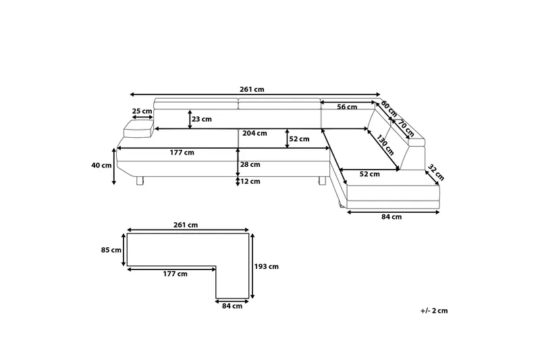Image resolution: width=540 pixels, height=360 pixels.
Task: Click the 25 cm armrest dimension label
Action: point(142,111)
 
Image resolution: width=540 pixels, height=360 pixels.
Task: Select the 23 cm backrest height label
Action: point(202,120)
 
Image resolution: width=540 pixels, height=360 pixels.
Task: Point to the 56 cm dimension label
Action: point(347,107)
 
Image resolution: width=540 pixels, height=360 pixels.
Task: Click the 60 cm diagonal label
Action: point(389,107)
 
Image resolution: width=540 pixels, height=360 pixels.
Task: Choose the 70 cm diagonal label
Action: point(406,126)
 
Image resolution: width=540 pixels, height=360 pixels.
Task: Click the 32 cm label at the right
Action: point(436,173)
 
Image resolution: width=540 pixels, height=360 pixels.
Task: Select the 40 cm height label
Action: point(103,165)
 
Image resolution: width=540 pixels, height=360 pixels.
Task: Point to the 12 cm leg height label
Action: point(251,180)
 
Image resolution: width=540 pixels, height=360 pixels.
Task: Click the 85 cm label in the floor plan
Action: point(111,251)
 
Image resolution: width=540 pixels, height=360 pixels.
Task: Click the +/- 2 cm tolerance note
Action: point(434,311)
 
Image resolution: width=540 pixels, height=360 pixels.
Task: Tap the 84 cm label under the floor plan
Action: point(232,306)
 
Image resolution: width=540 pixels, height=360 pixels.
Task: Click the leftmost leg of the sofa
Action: point(140,180)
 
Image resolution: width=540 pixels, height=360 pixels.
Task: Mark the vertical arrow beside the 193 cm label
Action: point(253,266)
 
